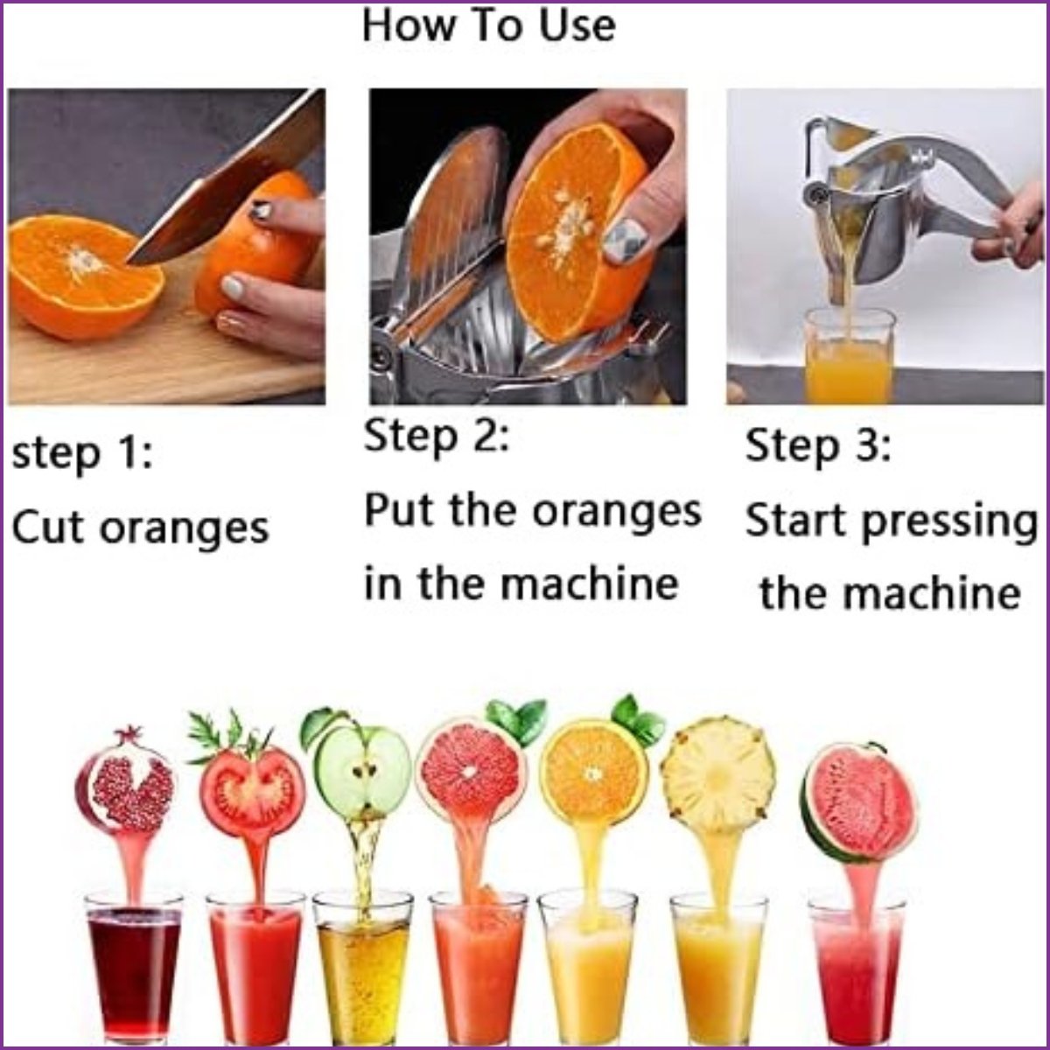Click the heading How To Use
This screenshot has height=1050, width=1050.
click(x=489, y=25)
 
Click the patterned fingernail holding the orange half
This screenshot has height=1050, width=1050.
click(x=623, y=240)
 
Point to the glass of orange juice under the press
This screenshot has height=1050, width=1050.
click(x=849, y=357)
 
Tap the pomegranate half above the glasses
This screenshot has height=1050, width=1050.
click(x=124, y=780)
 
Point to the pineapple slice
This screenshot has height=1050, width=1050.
click(x=717, y=769)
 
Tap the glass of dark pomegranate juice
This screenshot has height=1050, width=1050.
click(x=134, y=976)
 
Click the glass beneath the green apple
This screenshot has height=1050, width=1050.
click(x=362, y=976)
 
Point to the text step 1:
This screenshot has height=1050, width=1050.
click(x=82, y=454)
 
